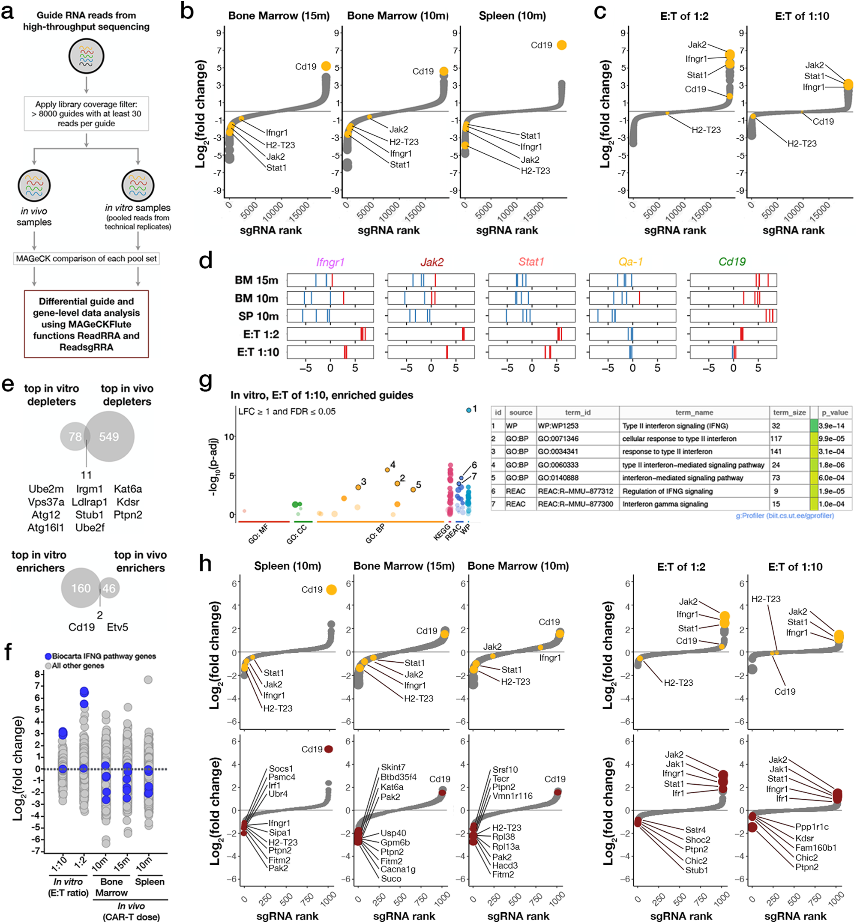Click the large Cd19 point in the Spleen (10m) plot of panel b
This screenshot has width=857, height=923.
point(561,45)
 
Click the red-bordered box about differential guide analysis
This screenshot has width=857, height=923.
point(86,323)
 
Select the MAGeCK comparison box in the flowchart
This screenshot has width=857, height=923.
point(86,259)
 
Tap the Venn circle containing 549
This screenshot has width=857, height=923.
point(109,436)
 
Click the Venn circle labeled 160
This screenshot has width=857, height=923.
point(80,588)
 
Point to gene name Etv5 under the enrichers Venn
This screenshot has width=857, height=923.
point(117,627)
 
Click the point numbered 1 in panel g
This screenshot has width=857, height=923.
point(469,410)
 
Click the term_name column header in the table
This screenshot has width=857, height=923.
point(694,412)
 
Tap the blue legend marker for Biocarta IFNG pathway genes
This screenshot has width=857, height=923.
point(48,656)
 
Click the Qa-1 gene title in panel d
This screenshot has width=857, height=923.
point(630,262)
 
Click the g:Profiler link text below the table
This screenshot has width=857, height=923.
point(785,516)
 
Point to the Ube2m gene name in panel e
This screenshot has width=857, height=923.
point(46,489)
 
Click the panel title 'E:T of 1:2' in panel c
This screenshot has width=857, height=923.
point(684,16)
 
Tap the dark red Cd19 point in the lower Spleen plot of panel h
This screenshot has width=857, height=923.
point(329,749)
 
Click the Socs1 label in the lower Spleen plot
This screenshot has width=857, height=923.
point(281,769)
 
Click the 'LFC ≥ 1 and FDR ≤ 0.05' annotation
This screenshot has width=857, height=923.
point(287,411)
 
